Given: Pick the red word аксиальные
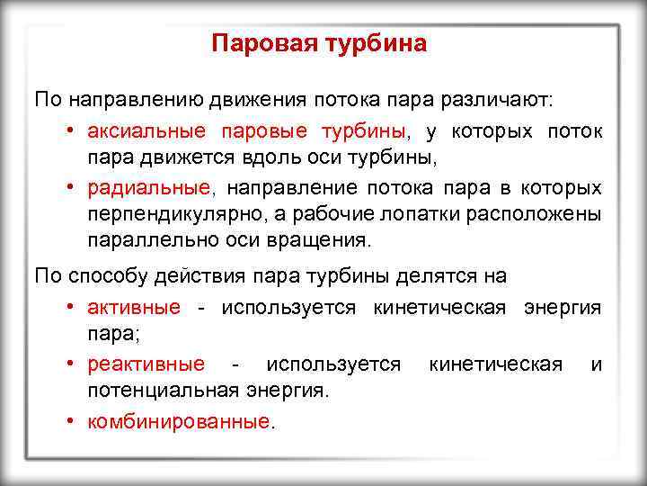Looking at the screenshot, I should [x=146, y=131].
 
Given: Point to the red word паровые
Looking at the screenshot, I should [x=265, y=131].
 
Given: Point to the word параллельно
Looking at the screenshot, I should [x=146, y=241].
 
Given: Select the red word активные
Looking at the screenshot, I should [x=134, y=308].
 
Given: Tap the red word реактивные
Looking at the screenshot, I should [x=146, y=364].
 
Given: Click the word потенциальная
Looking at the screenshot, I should [x=162, y=391].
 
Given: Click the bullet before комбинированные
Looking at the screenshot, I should [x=70, y=420].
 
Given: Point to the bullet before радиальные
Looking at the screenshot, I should [x=70, y=187].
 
